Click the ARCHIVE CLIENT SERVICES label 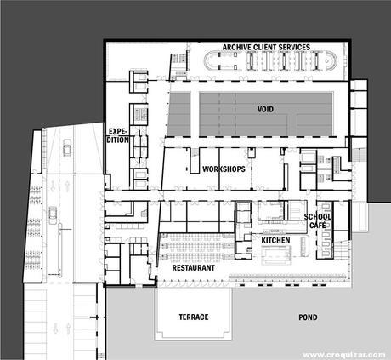coord(265,46)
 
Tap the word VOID coord(266,110)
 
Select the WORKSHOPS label coord(224,169)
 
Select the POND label coord(308,317)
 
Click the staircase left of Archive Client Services coord(178,63)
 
